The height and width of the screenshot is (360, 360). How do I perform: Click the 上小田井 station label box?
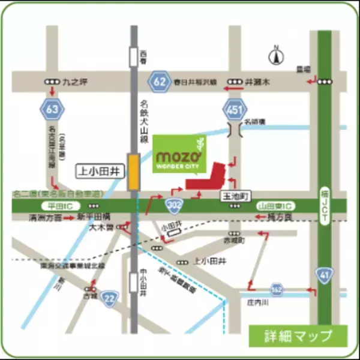coord(99,171)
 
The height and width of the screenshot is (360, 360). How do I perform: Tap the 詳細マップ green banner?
coord(298,334)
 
